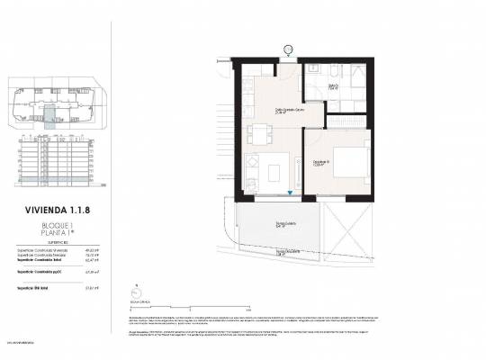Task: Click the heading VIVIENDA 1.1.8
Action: pos(57,211)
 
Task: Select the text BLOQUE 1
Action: pos(57,225)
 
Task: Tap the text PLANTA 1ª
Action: pos(57,233)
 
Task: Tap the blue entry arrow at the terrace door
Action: pos(289,193)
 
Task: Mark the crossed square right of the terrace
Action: pos(346,226)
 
